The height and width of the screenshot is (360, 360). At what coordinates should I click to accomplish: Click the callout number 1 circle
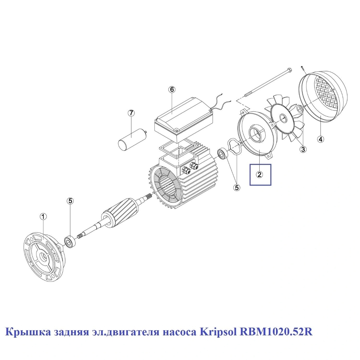pyautogui.click(x=43, y=217)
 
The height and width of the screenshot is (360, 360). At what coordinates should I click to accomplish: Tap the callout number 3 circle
pyautogui.click(x=303, y=149)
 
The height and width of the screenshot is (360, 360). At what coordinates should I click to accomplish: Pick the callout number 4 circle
pyautogui.click(x=321, y=139)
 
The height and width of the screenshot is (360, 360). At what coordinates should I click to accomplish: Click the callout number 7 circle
pyautogui.click(x=131, y=113)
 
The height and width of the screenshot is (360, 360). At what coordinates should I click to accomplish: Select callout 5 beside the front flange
pyautogui.click(x=70, y=201)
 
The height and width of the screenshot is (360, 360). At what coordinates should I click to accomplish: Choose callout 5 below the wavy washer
pyautogui.click(x=236, y=188)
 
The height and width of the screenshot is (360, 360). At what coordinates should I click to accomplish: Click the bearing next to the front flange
pyautogui.click(x=70, y=241)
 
